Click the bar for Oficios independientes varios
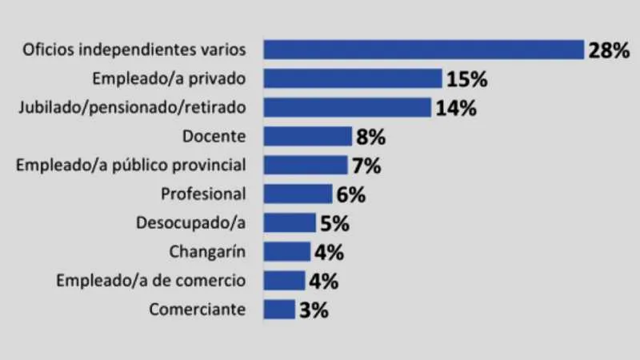pos(424,50)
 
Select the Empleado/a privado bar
pos(353,78)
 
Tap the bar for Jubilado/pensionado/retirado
pos(347,107)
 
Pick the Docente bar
pos(308,136)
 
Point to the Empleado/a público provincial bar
pos(305,166)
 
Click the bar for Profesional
pos(298,194)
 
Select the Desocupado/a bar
pos(290,222)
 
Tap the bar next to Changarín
pos(286,251)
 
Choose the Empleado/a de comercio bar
pos(284,280)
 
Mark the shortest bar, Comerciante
pos(279,309)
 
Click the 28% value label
pos(610,50)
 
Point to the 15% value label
pos(467,79)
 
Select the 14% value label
pos(456,108)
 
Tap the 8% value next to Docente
pos(370,137)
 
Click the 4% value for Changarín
pos(329,252)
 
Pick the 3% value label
pos(313,310)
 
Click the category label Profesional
pos(203,194)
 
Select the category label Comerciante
pos(198,309)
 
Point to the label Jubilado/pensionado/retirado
pos(130,107)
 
